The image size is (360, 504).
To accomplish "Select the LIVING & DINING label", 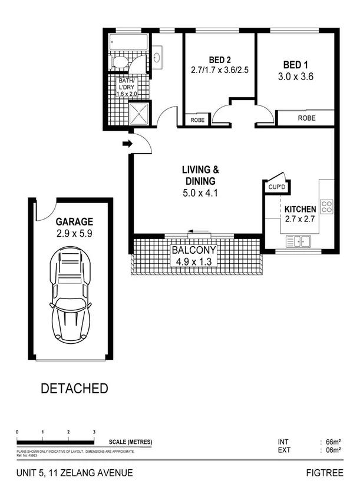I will point(199,176).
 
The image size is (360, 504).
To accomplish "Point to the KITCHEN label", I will point(300,209).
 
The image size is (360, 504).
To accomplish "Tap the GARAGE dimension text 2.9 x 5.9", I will point(74,233).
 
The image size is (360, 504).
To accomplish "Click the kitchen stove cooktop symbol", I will point(326,207).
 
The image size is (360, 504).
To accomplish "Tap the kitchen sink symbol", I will point(298,241).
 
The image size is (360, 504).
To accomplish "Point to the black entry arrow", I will point(126,143).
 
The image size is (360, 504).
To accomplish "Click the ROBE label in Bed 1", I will point(306,118).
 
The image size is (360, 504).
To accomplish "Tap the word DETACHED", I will point(74,389).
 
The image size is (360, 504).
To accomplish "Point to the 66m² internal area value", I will point(334,442).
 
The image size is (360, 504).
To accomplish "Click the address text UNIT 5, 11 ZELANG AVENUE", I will point(74,473).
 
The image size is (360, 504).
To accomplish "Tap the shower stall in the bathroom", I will point(140,114).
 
